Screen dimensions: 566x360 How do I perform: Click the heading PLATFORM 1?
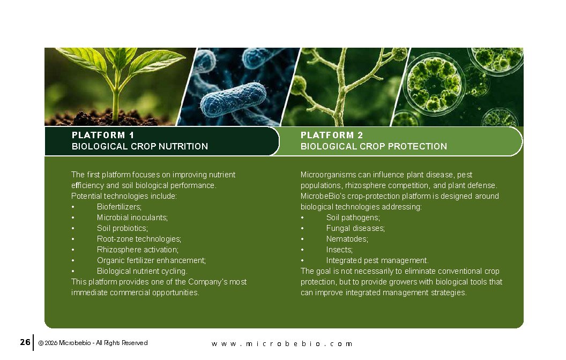pos(103,136)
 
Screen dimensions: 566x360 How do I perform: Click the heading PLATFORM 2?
pos(332,136)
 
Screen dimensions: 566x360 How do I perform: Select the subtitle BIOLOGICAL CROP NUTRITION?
pos(140,146)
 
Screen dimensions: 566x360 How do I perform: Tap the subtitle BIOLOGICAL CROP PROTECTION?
pos(374,146)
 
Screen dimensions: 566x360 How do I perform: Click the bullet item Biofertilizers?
pos(119,207)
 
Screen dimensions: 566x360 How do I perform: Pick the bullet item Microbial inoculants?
pos(132,217)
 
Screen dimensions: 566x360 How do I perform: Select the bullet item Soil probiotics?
pos(122,228)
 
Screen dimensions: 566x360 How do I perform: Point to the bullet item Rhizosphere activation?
pos(138,250)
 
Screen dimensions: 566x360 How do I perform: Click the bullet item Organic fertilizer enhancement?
pos(151,260)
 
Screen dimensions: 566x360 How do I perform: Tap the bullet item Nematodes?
pos(347,239)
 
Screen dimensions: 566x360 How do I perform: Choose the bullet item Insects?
pos(339,250)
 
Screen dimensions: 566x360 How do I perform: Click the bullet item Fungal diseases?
pos(355,228)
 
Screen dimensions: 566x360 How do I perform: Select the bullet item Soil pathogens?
pos(353,217)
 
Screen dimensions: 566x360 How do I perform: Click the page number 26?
pos(25,342)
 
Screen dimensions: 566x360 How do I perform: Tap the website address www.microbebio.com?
pos(282,344)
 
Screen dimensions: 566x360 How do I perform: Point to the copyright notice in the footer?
pos(93,343)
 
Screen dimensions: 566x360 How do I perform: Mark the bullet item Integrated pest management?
pos(377,260)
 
